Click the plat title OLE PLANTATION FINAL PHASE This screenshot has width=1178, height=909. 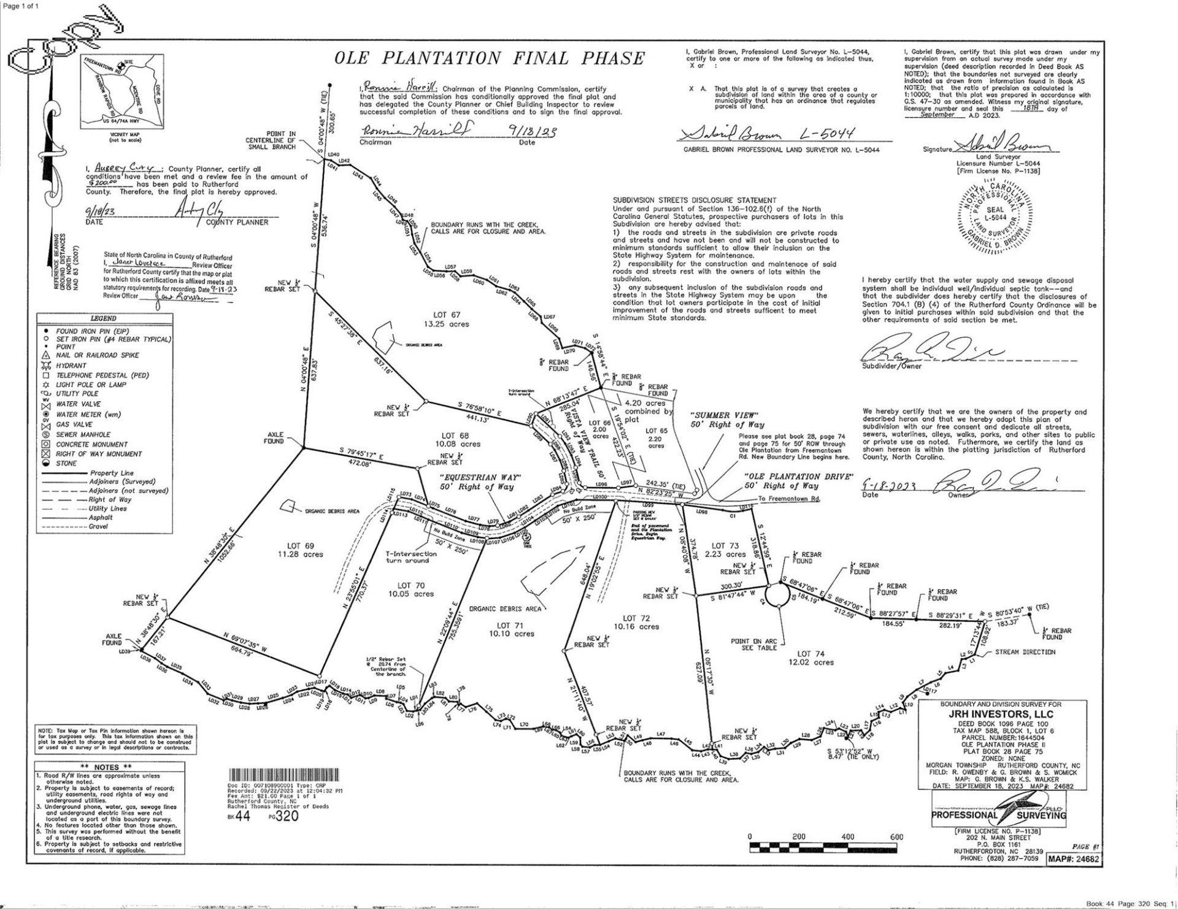click(489, 59)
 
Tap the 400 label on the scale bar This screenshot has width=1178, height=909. click(847, 837)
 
